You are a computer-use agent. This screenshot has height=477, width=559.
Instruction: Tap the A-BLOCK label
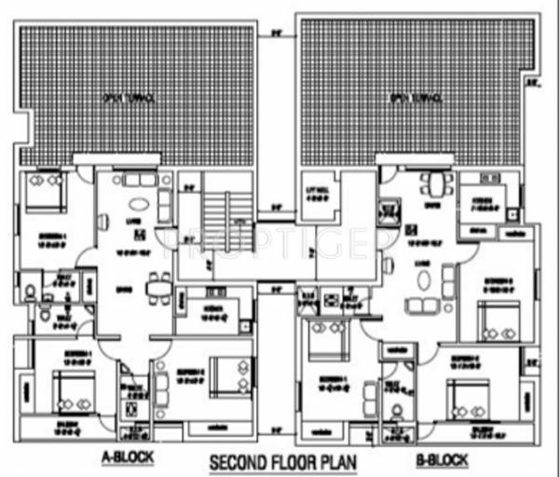point(127,457)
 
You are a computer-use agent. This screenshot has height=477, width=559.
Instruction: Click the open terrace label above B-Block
point(411,96)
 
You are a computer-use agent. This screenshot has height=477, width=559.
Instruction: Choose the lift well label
point(319,195)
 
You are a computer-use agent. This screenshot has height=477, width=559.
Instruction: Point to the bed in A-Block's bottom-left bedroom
point(69,389)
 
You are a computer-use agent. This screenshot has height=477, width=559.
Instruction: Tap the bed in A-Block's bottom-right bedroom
point(225,374)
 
